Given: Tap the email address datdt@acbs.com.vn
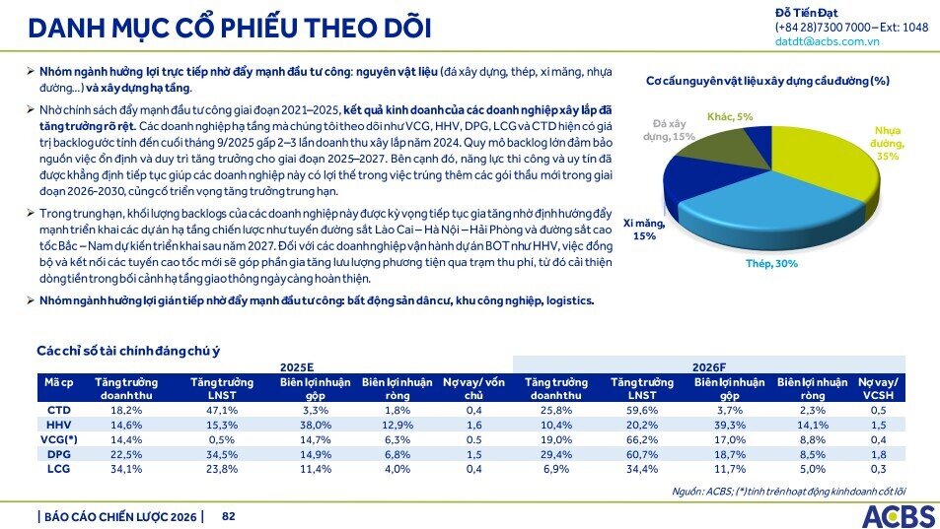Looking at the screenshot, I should coord(828,42).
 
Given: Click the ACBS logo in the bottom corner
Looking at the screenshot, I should coord(897,515).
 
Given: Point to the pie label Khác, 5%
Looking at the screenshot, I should coord(730,116).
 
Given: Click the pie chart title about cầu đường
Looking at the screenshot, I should coord(767,80).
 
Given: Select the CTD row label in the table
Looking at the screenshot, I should coord(58,409).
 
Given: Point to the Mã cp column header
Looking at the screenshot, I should coord(58,382).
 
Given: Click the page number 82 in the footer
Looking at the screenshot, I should coord(228,515).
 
